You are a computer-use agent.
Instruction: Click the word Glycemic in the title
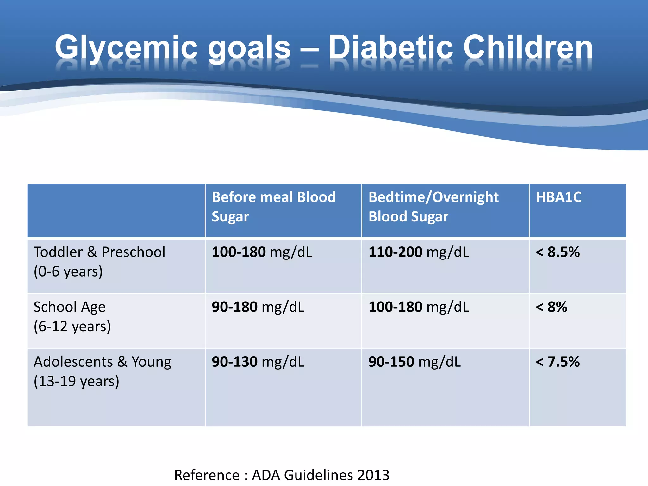coord(126,47)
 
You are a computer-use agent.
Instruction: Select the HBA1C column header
coord(558,197)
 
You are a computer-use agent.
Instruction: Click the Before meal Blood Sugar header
coord(273,206)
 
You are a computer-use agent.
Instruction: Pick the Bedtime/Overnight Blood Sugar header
coord(433,206)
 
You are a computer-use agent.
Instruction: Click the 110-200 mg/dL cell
coord(419,252)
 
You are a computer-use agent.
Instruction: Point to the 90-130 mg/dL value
coord(258,362)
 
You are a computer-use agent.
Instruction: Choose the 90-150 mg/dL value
coord(414,362)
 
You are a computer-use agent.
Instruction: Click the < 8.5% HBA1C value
coord(558,252)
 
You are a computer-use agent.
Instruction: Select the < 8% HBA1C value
coord(551,307)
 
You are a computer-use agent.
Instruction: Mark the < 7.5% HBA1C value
coord(558,362)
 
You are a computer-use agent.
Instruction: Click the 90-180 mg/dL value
coord(258,307)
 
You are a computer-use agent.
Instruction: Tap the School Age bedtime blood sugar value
coord(419,307)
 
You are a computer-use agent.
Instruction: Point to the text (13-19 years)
coord(77,381)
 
